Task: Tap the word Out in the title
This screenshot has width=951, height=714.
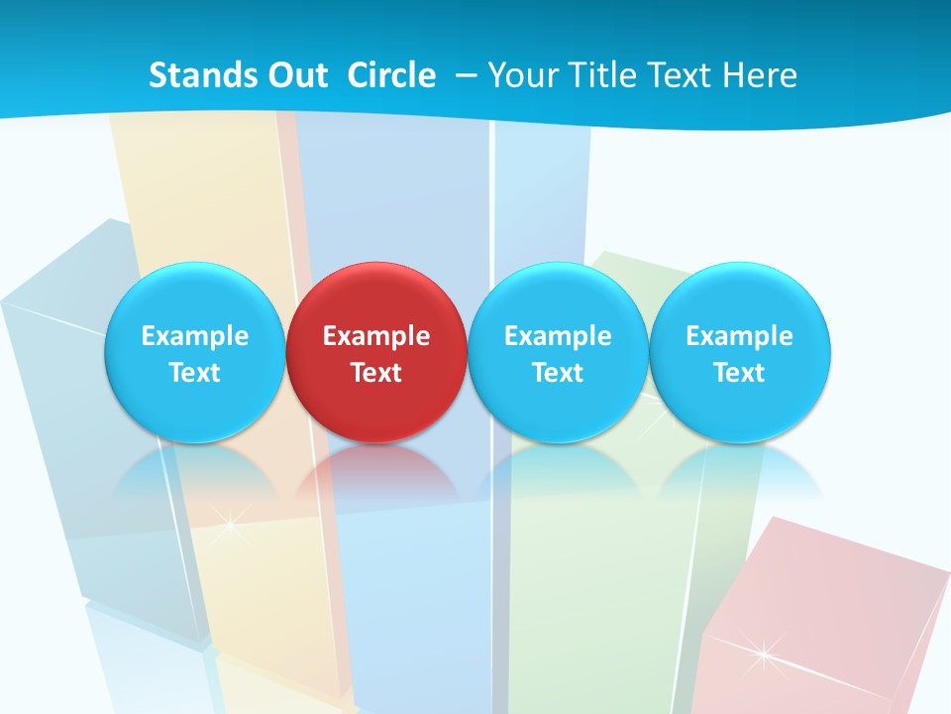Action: [294, 75]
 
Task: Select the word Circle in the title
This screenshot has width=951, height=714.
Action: [391, 75]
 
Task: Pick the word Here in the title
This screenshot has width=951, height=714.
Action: [760, 75]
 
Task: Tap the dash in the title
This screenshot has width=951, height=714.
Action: [464, 76]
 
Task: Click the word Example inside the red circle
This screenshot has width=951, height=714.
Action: [376, 336]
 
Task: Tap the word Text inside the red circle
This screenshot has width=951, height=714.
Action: [376, 373]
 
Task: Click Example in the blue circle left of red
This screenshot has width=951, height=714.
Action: [194, 336]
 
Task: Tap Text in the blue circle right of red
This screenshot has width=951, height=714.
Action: [558, 373]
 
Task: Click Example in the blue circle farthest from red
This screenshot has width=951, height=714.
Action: [740, 336]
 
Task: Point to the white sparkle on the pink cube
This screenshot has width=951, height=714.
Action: [763, 653]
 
